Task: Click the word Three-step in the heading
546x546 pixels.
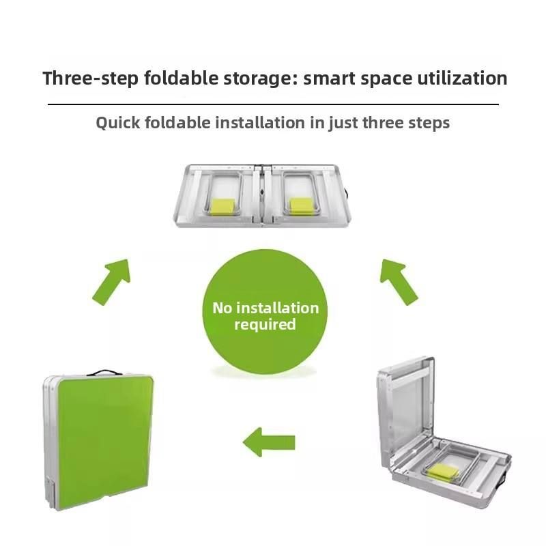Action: tap(91, 78)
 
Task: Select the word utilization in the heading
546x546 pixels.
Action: tap(462, 78)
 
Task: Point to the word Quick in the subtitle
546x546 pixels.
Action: tap(118, 124)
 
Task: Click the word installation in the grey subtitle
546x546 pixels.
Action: tap(260, 123)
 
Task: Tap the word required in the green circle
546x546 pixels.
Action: tap(265, 325)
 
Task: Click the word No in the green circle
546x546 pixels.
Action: tap(222, 308)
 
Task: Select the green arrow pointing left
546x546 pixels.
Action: tap(269, 442)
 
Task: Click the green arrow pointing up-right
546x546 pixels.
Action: tap(112, 281)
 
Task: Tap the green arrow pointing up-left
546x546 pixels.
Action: tap(398, 281)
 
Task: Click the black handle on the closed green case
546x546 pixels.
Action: tap(104, 372)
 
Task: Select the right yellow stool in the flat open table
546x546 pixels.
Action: tap(302, 205)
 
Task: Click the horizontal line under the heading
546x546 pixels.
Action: tap(274, 104)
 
